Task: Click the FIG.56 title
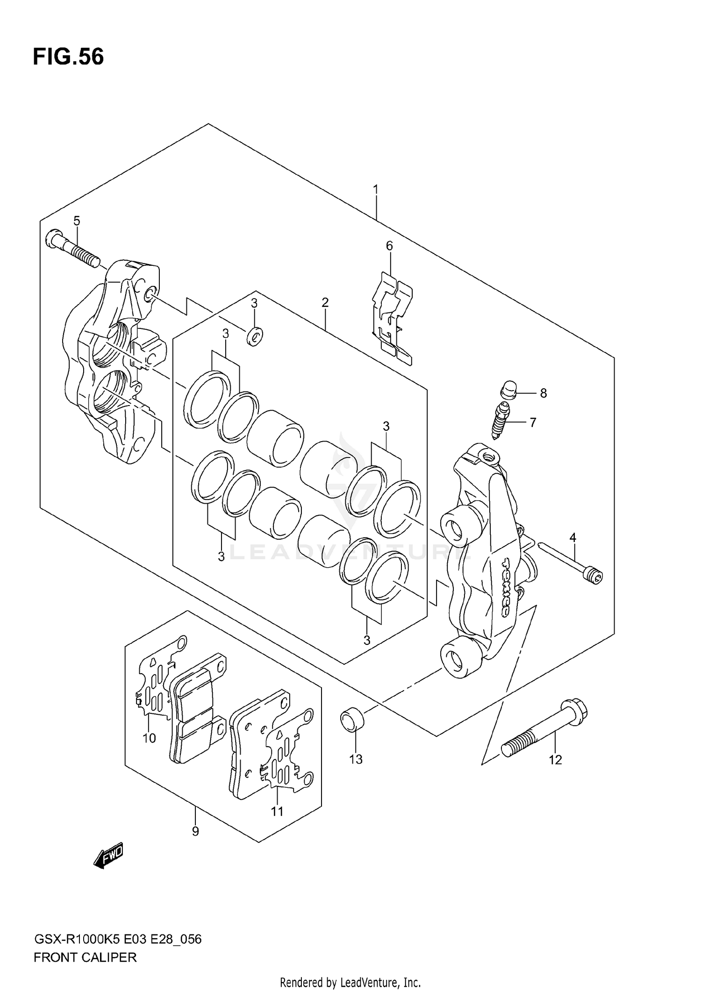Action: tap(68, 57)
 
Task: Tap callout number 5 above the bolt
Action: tap(77, 221)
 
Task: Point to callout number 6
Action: tap(389, 246)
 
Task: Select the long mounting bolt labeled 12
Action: tap(544, 732)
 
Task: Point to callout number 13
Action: tap(356, 760)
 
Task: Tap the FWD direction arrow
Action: tap(108, 855)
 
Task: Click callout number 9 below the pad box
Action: tap(195, 831)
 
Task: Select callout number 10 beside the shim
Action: tap(149, 738)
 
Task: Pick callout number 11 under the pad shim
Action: tap(277, 812)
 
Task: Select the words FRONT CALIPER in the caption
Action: tap(85, 957)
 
